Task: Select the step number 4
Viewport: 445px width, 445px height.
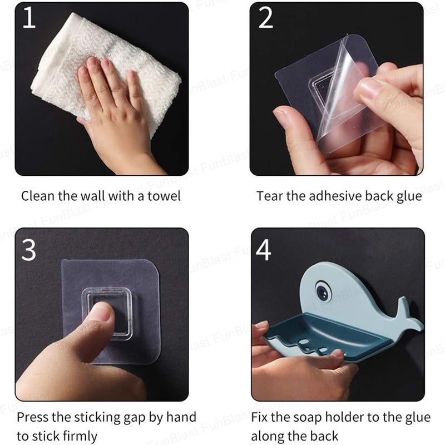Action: click(264, 250)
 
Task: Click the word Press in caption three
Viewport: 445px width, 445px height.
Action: click(34, 417)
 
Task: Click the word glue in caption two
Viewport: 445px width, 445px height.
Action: click(408, 196)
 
